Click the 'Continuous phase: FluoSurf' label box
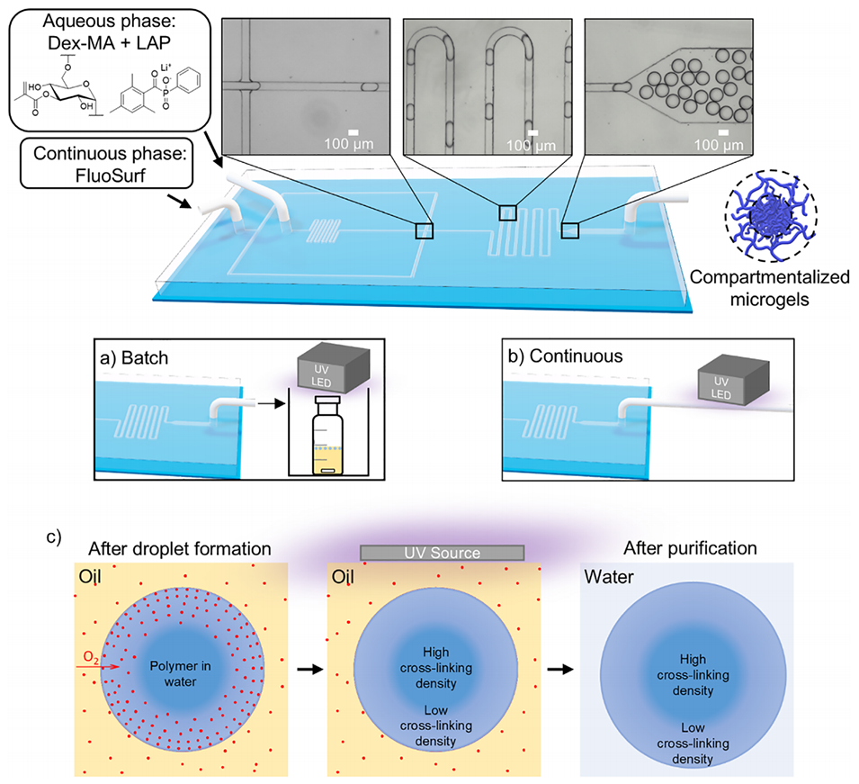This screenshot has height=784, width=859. click(x=107, y=164)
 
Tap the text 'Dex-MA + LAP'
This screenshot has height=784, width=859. click(x=109, y=43)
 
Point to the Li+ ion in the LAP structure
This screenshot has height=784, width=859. click(x=166, y=68)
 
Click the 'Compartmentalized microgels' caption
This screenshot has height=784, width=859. click(x=769, y=288)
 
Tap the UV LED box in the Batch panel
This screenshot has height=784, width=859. click(x=333, y=370)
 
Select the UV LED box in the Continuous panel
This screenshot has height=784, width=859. click(x=734, y=383)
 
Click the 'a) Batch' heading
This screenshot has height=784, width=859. click(x=134, y=358)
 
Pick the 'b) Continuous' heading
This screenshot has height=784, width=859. click(x=566, y=356)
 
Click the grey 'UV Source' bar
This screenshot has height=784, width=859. click(x=443, y=553)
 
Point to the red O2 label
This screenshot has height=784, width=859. click(x=91, y=657)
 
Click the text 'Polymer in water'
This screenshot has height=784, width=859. click(x=180, y=674)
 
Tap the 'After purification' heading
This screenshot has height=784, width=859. click(x=690, y=548)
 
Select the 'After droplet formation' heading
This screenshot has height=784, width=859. click(x=180, y=549)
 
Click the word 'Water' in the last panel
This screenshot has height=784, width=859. click(x=609, y=577)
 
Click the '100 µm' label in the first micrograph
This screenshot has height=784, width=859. click(x=349, y=144)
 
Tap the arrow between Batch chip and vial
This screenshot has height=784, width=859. click(x=271, y=403)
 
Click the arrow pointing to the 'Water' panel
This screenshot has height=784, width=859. click(x=560, y=669)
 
